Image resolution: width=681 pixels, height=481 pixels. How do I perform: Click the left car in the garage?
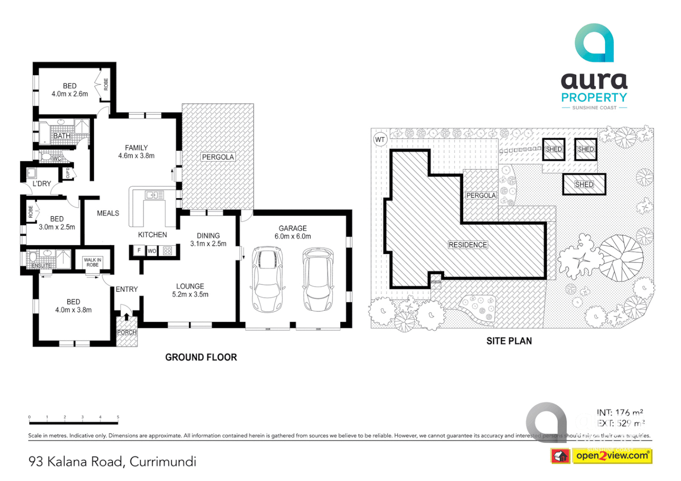click(x=267, y=279)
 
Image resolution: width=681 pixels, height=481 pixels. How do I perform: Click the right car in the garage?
click(x=318, y=279)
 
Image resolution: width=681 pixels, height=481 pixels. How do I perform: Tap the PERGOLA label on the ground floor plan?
click(x=217, y=157)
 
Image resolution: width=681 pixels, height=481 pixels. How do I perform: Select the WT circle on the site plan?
click(x=380, y=139)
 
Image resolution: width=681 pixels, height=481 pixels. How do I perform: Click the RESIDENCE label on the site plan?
click(x=468, y=245)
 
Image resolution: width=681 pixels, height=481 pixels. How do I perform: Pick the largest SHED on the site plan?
click(x=584, y=184)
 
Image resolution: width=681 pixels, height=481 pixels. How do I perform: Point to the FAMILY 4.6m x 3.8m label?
click(x=136, y=152)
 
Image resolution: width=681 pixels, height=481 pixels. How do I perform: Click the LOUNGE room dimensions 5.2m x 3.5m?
click(x=190, y=294)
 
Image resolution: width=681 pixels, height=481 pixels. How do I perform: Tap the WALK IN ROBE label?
click(x=93, y=262)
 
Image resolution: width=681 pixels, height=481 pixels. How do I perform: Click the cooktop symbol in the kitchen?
click(x=168, y=251)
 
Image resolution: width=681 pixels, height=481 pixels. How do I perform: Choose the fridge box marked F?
click(x=139, y=251)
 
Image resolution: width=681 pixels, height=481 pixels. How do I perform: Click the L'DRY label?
click(x=41, y=183)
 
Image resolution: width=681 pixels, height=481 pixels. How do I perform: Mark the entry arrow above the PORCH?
click(x=127, y=317)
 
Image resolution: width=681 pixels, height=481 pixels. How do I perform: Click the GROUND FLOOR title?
click(x=201, y=357)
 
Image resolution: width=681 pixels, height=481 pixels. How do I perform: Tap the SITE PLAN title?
click(x=509, y=341)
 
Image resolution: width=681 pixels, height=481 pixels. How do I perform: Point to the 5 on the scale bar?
click(x=118, y=417)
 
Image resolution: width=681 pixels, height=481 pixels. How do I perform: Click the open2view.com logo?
click(x=612, y=456)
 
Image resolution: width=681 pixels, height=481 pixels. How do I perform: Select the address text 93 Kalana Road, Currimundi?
click(x=112, y=461)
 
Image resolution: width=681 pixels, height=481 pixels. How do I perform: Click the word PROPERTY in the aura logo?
click(x=594, y=98)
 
